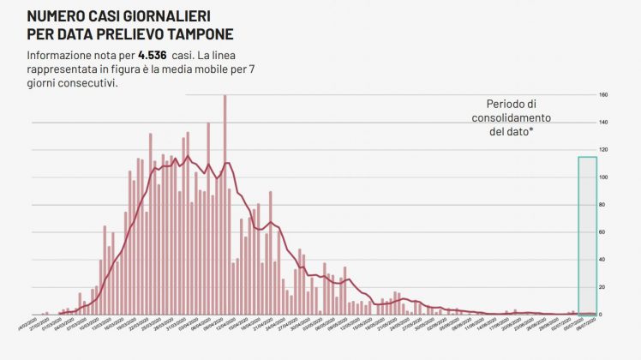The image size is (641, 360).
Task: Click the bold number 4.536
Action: pos(152,55)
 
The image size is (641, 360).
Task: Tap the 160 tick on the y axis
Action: pos(602,95)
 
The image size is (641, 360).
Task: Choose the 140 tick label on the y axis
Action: pos(602,123)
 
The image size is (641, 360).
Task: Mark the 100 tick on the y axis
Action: pos(602,177)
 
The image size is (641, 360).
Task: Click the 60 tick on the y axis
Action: pos(602,232)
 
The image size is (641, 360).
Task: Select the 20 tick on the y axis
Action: pos(602,287)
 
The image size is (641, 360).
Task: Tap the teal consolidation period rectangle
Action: pos(587,231)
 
